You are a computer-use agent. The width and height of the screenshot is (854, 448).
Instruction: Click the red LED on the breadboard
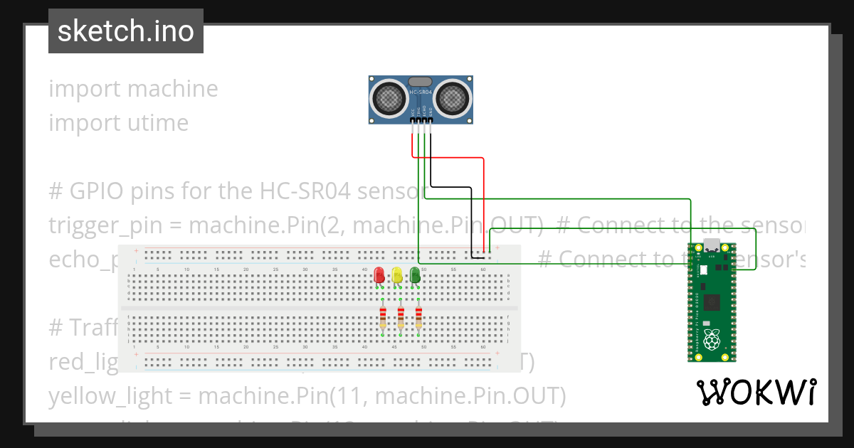click(x=379, y=275)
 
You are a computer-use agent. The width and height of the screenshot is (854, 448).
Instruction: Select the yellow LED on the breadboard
click(x=397, y=275)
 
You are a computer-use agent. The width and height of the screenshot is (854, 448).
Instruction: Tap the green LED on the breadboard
click(x=415, y=275)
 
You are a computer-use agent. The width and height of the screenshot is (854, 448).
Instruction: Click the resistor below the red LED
click(x=383, y=317)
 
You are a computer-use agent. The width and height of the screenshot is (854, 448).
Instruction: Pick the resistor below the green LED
click(x=418, y=317)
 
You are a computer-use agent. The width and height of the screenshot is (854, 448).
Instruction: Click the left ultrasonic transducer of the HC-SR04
click(x=389, y=97)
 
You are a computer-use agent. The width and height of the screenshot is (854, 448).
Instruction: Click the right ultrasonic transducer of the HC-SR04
click(x=453, y=97)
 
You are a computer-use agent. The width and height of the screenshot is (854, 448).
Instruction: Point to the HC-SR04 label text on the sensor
click(x=421, y=92)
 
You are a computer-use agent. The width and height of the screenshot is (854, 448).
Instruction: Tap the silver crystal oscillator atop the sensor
click(x=421, y=82)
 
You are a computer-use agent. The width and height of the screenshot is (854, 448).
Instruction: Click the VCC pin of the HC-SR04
click(x=412, y=122)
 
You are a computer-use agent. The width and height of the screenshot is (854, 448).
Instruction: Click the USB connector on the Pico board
click(x=711, y=246)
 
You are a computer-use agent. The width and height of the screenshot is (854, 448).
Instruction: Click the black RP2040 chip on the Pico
click(x=711, y=304)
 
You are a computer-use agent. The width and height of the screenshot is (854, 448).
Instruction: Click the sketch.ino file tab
click(x=126, y=31)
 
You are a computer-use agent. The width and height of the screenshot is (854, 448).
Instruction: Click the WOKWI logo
click(x=756, y=392)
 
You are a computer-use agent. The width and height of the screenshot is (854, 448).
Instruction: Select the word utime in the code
click(x=157, y=122)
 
